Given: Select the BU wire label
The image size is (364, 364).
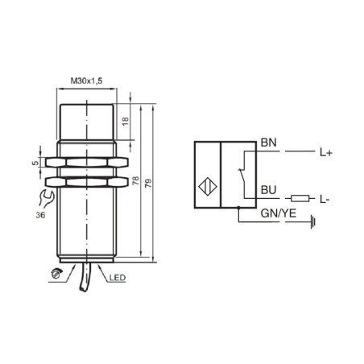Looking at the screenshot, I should (268, 190).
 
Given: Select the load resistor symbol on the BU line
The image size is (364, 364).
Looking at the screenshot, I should (299, 197).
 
